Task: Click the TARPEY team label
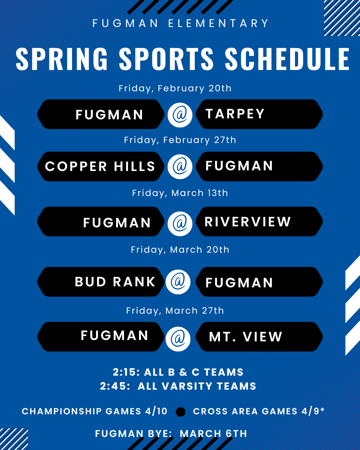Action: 235,114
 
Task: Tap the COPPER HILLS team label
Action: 100,166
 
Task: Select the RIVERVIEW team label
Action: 248,222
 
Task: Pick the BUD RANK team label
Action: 115,282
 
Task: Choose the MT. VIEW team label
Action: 246,337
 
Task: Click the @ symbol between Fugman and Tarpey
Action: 180,115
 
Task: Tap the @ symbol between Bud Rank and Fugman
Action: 178,282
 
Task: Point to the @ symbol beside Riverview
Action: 180,224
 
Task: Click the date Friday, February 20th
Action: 175,88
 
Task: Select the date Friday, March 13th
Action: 180,193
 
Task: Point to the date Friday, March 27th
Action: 175,311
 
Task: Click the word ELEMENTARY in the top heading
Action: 218,23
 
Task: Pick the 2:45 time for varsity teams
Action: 115,386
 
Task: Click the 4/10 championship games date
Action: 156,411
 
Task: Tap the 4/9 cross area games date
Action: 310,411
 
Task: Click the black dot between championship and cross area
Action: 181,412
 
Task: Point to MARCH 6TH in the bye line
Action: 213,434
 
